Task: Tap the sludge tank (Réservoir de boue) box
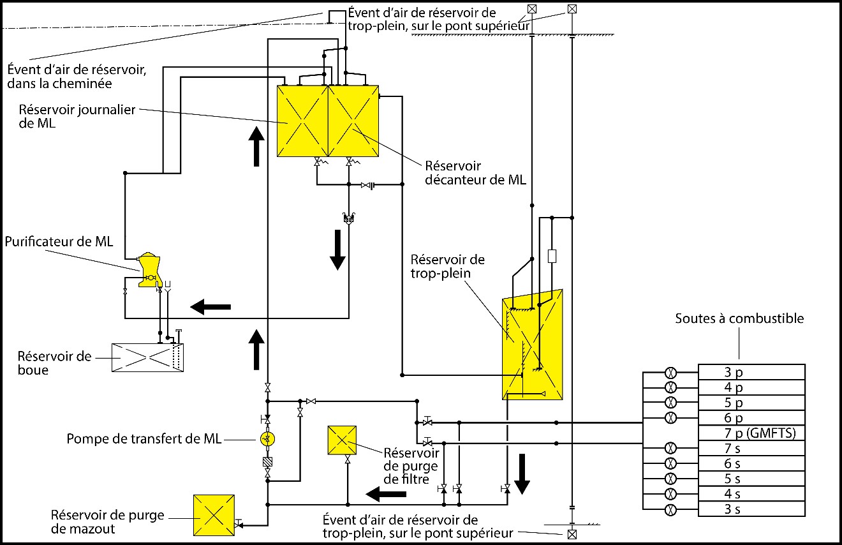coord(147,357)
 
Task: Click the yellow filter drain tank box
coord(342,440)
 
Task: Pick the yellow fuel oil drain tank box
coord(214,516)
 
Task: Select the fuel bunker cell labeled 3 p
coord(751,372)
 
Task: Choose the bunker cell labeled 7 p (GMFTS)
coord(751,433)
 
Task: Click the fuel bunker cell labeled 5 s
coord(751,479)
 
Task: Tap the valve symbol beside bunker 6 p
coord(671,418)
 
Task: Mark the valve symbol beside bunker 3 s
coord(671,509)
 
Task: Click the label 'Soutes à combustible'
coord(740,318)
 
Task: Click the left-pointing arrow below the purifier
coord(211,307)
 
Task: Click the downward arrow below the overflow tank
coord(522,474)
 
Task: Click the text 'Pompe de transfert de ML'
coord(144,439)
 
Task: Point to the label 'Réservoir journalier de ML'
coord(77,116)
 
